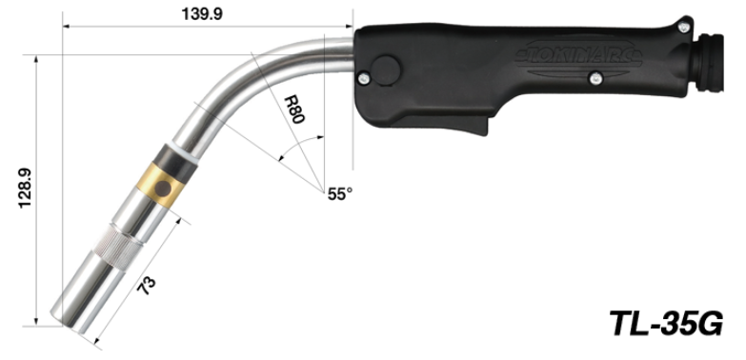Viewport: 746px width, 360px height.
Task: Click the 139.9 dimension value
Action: coord(202,13)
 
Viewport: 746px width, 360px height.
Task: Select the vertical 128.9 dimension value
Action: coord(25,188)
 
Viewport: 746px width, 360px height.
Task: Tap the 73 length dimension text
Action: coord(147,286)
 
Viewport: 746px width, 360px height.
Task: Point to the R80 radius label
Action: coord(294,110)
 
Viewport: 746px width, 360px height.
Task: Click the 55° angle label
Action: coord(340,194)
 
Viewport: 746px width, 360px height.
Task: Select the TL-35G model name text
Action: coord(666,324)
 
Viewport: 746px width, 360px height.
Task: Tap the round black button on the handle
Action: coord(385,70)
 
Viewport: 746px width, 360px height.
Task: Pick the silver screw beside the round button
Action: coord(363,77)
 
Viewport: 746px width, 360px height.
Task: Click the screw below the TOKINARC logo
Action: coord(595,78)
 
